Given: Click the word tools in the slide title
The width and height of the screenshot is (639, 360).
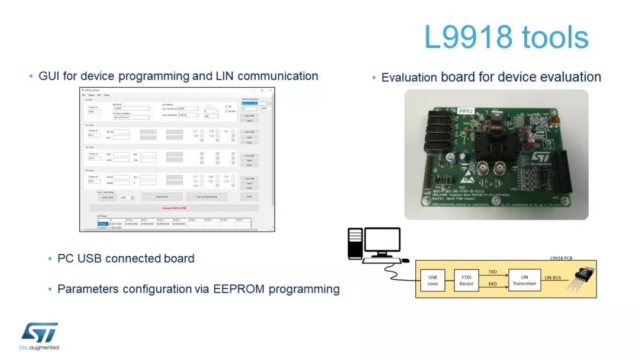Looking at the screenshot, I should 556,37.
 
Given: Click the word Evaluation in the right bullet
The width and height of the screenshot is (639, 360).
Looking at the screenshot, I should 409,77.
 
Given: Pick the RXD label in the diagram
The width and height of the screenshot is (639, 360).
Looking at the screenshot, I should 492,284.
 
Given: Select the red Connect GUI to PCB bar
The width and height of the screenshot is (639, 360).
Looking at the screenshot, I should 175,208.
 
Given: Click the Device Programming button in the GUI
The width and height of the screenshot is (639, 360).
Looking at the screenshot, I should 206,197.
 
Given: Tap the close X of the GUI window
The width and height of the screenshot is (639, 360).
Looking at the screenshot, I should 270,91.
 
